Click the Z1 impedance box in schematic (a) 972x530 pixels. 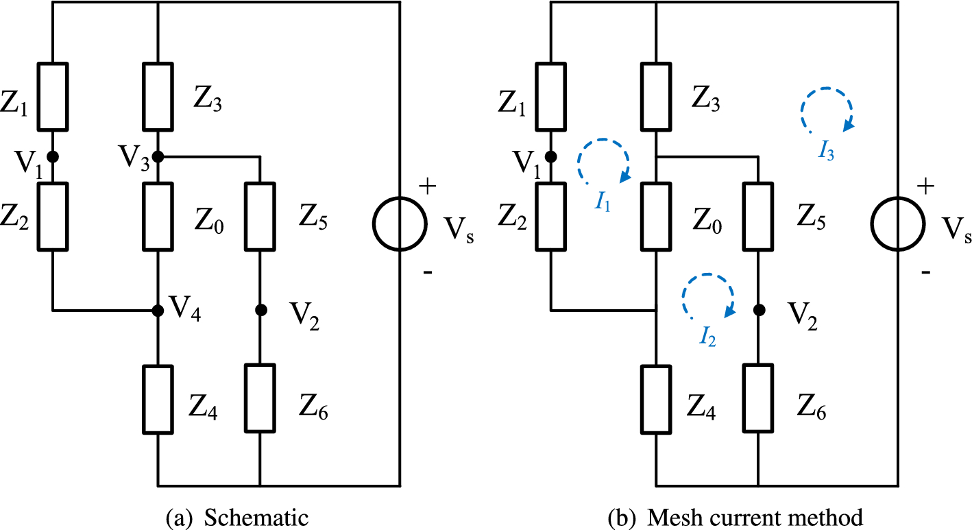pos(52,97)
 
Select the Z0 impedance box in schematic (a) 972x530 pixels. pos(158,217)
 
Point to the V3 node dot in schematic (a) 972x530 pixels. pos(158,156)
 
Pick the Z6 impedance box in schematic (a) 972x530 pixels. pos(260,398)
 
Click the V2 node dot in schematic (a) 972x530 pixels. pos(260,311)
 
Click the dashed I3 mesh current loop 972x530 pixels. pos(826,110)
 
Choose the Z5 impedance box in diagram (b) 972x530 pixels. pos(759,217)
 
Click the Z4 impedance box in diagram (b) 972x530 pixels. pos(657,398)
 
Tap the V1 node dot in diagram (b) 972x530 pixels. pos(550,156)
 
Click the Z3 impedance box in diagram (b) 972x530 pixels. pos(657,97)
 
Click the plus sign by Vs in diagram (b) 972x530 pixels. pos(925,184)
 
